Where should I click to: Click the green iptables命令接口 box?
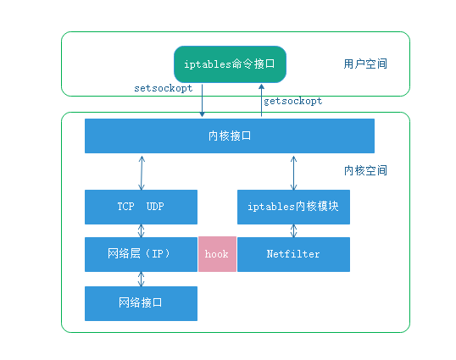coord(230,64)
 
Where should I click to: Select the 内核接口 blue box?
coord(229,136)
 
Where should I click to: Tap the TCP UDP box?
coord(141,207)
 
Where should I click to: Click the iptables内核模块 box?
coord(293,207)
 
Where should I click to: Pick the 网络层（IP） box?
coord(141,254)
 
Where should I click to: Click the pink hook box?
coord(217,254)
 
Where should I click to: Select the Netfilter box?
coord(293,254)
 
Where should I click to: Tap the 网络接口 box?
coord(141,303)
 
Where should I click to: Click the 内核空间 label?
coord(366,170)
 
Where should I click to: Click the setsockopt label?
coord(164,88)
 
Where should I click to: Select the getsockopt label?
coord(292,101)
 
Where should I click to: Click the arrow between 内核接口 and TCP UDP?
coord(142,171)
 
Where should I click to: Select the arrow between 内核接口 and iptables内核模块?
coord(293,171)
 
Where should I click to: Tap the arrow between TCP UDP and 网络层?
coord(142,230)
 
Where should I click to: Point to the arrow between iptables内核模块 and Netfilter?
coord(293,230)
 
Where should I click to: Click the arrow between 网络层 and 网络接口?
coord(142,279)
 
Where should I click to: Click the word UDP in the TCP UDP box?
coord(155,207)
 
